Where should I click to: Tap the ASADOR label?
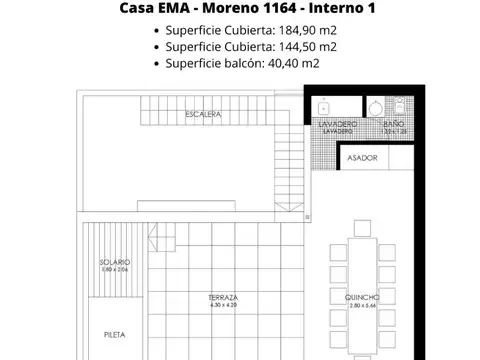click(362, 158)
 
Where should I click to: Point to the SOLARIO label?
click(115, 263)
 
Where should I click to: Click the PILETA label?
click(114, 335)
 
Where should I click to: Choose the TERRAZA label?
click(223, 298)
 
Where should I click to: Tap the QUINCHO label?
click(362, 297)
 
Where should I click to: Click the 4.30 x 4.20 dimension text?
click(223, 305)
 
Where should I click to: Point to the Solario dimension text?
click(115, 270)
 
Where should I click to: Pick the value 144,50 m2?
click(302, 47)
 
